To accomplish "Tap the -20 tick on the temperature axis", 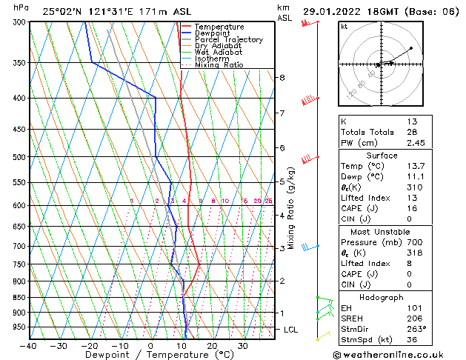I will pyautogui.click(x=89, y=346).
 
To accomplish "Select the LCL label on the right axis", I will pyautogui.click(x=288, y=329).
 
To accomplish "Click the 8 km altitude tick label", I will pyautogui.click(x=282, y=77).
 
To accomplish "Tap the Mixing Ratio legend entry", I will pyautogui.click(x=219, y=64).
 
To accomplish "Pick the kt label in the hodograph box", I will pyautogui.click(x=344, y=26).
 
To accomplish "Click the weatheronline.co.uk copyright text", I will pyautogui.click(x=397, y=354).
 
